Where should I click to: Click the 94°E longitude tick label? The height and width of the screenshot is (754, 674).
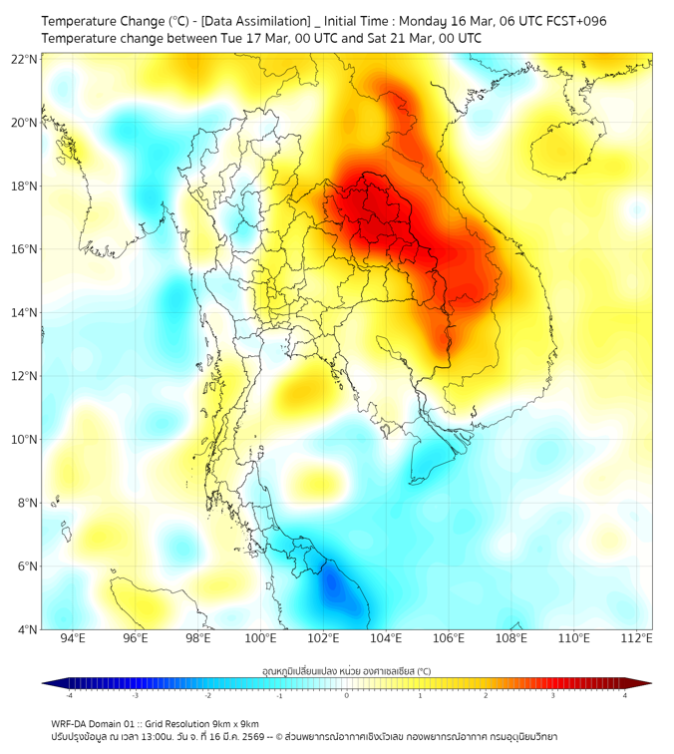pos(73,638)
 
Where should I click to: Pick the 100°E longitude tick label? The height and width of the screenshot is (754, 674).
pos(261,638)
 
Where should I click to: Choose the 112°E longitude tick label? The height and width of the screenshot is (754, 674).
pos(638,638)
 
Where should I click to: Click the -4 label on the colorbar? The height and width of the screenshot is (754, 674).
pos(68,695)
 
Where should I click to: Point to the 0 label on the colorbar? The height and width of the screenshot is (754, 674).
pos(347,695)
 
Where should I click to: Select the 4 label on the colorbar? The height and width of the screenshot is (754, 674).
pos(625,695)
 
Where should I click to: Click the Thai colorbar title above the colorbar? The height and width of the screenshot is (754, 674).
pos(346,670)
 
